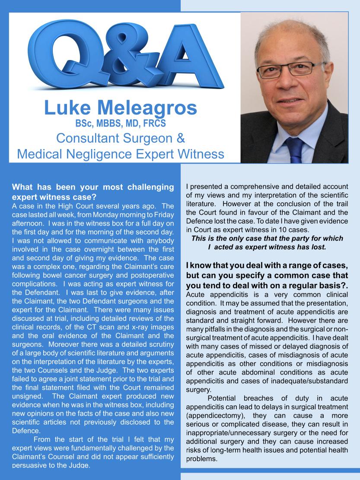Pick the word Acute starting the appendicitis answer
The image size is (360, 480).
coord(195,294)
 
